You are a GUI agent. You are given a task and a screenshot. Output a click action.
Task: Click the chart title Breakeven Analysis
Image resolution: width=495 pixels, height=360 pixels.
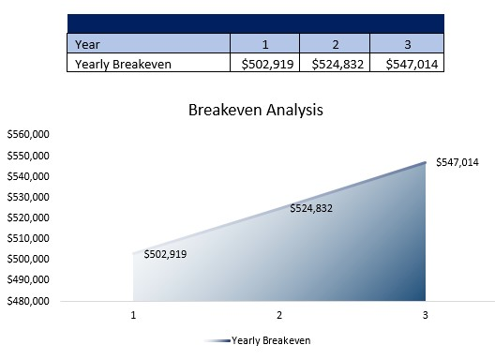[255, 110]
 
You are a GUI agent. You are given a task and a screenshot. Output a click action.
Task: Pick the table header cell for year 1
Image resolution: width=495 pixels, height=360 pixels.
[264, 43]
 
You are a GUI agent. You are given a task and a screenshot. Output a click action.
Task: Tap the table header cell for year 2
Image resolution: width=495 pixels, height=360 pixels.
[335, 43]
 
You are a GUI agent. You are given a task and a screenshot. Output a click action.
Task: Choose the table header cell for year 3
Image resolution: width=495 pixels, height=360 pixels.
[407, 43]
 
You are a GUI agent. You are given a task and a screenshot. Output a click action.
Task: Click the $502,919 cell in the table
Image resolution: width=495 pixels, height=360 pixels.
[264, 64]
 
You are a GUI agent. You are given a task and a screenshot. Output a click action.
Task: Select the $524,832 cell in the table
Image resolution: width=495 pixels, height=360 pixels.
[335, 64]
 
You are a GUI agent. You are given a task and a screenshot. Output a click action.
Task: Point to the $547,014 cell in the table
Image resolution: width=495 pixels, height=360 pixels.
[407, 64]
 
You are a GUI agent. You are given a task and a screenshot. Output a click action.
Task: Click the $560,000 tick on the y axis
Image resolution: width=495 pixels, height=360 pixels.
[28, 135]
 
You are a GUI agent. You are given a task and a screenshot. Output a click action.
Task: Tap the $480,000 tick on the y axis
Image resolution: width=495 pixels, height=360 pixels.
[28, 301]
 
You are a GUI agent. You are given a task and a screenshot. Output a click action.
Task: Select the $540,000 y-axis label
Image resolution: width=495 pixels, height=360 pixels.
[28, 176]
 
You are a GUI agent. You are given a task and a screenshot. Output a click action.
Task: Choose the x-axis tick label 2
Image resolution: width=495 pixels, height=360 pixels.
[279, 316]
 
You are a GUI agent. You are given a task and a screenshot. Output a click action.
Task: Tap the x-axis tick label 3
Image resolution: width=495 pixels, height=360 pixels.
[426, 316]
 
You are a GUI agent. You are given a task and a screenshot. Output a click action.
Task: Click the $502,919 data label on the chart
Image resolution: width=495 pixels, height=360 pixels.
[165, 254]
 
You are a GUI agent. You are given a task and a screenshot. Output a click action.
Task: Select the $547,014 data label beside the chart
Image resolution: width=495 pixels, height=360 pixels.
[457, 162]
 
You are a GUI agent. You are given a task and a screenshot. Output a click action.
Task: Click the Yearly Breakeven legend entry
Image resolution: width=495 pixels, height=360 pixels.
[270, 340]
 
